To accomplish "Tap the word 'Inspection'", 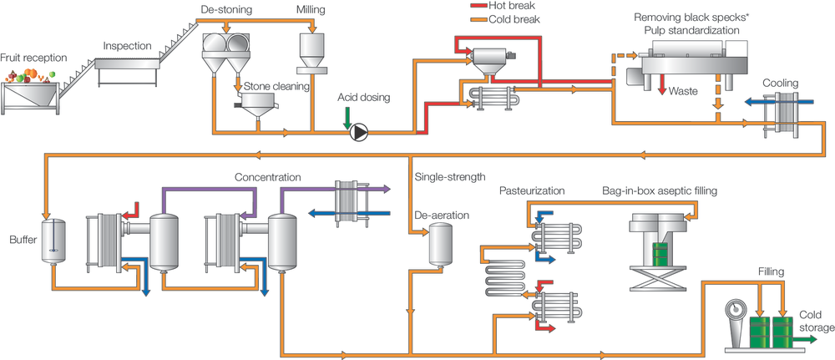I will pos(128,45).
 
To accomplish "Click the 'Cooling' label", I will pos(780,83).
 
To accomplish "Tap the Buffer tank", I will pos(53,241).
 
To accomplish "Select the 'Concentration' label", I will pos(267,177).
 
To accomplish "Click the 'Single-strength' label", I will pos(448,177).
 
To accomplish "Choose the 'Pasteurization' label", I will pos(532,190).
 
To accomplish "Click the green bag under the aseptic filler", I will pos(660,254).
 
